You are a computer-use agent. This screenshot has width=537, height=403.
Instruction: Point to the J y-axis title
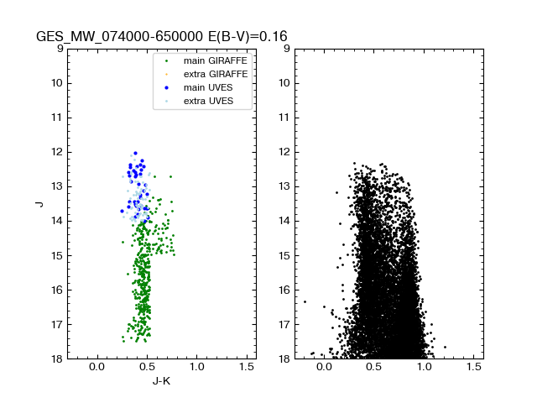[x=39, y=204]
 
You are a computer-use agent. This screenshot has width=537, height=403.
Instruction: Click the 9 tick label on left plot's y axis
[x=60, y=49]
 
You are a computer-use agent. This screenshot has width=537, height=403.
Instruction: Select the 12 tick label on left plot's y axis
[x=57, y=152]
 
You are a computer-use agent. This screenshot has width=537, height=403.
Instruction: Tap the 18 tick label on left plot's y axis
[x=57, y=359]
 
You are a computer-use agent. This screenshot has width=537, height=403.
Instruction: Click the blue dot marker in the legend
[x=166, y=88]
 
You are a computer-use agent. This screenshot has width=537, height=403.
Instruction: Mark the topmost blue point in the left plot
[x=135, y=154]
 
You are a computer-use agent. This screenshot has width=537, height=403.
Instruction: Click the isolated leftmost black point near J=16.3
[x=305, y=301]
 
